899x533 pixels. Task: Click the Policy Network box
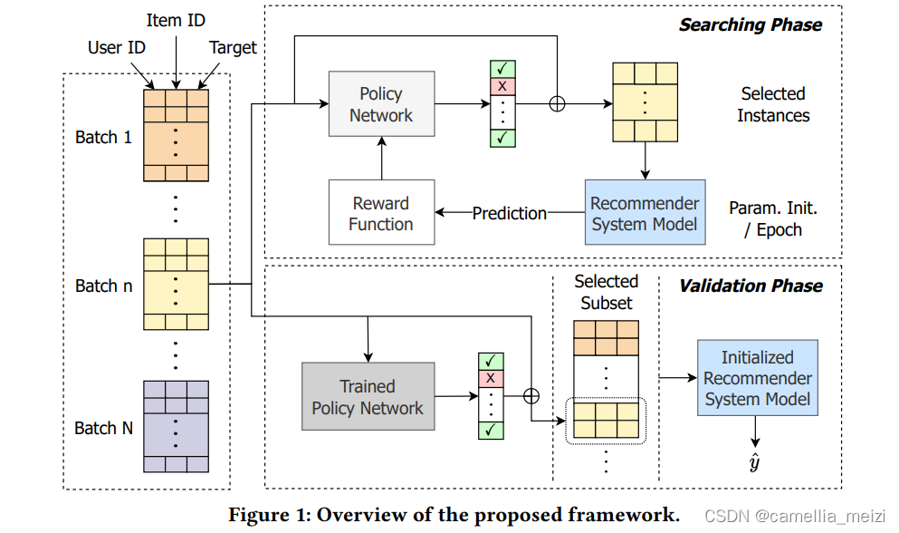(380, 104)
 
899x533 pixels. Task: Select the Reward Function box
(380, 213)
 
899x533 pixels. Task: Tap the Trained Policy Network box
(367, 397)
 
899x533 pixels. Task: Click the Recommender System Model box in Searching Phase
(645, 213)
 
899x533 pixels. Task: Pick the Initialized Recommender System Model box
(757, 378)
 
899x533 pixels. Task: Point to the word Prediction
(510, 213)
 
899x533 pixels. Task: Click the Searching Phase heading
(751, 24)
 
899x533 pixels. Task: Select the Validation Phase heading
(751, 286)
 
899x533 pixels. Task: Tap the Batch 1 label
(103, 137)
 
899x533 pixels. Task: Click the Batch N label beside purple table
(103, 428)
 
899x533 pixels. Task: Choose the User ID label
(117, 47)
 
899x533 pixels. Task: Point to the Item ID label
(176, 19)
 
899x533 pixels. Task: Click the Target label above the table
(233, 47)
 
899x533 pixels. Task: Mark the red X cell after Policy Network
(500, 85)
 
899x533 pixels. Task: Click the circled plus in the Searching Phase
(558, 103)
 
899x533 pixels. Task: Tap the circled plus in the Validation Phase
(531, 396)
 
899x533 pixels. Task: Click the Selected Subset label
(606, 292)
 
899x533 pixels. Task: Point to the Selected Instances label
(772, 104)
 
